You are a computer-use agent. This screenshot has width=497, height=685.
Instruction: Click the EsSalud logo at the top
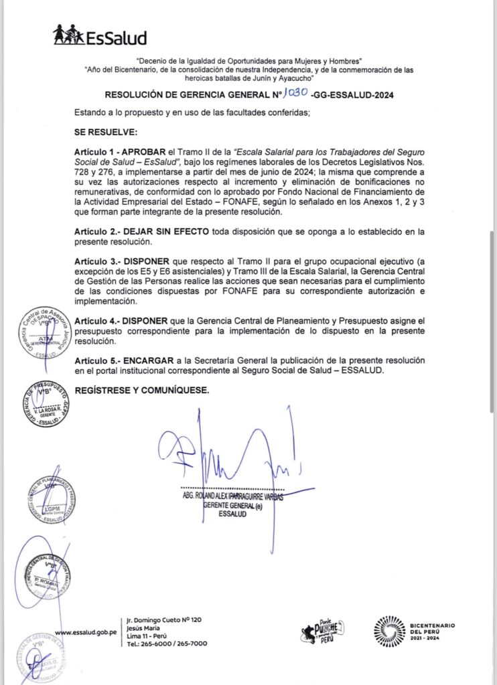tap(100, 35)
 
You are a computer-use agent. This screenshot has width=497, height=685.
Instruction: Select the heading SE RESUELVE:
tap(106, 132)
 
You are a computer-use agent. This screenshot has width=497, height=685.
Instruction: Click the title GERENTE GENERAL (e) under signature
tap(232, 506)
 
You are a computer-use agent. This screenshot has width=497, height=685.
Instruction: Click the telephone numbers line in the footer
tap(166, 643)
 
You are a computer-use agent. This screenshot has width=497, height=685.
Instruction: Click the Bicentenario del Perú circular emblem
tap(388, 631)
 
